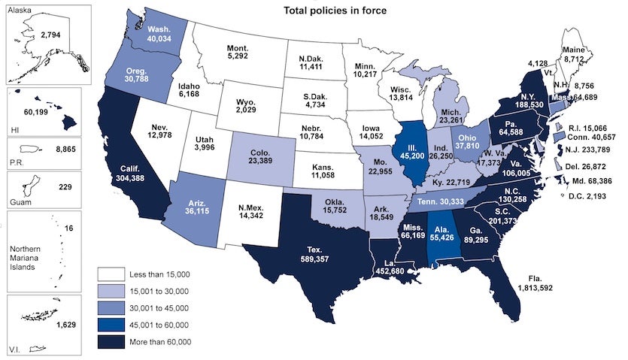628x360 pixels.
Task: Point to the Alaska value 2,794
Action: coord(53,35)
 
